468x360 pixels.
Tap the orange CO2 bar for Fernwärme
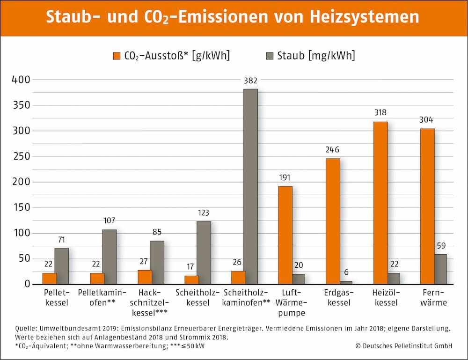(427, 206)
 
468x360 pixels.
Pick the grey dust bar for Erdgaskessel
(346, 282)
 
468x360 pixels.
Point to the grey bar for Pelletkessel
(61, 266)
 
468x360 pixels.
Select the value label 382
(250, 81)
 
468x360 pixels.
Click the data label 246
(332, 150)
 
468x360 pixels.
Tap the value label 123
(204, 213)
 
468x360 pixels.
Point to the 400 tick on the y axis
(21, 80)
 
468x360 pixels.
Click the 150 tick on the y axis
(21, 207)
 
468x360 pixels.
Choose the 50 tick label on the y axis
(23, 258)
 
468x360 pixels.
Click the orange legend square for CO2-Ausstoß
(117, 56)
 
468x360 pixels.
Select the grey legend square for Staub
(269, 56)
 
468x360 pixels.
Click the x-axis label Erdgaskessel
(339, 298)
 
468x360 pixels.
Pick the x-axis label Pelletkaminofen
(103, 298)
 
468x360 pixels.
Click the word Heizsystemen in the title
(364, 17)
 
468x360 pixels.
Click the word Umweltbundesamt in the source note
(66, 329)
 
